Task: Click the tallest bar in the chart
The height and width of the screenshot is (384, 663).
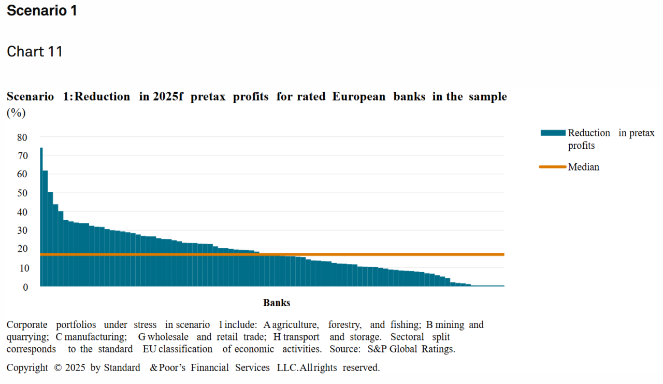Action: (41, 218)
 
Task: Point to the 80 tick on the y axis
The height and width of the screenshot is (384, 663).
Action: (22, 137)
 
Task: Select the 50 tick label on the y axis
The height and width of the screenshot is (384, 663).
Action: (22, 193)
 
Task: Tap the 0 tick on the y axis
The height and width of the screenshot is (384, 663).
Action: (25, 287)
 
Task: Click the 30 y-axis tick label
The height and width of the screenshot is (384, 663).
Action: (22, 231)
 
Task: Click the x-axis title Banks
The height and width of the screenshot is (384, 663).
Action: (277, 303)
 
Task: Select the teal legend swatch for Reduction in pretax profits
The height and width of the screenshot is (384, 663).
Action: (553, 133)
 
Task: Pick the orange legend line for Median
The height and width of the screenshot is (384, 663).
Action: (553, 167)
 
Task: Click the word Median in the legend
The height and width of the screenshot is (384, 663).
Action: (583, 167)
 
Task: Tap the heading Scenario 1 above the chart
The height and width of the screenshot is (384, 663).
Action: (42, 10)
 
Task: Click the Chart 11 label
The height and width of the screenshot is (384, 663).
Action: (35, 52)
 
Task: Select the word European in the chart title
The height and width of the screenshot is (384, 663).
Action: (358, 97)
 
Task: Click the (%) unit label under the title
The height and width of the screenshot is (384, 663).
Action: (16, 112)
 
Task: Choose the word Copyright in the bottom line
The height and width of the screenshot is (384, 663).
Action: (27, 368)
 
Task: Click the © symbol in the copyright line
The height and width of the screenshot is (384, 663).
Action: (58, 368)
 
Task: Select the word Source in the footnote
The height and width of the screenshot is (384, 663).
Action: (345, 349)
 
